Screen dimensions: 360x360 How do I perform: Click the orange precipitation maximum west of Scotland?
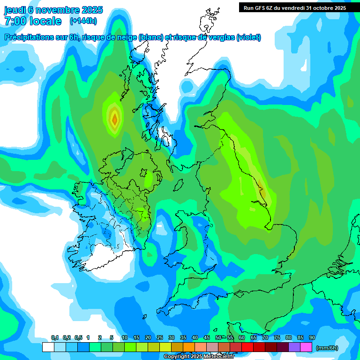tap(114, 119)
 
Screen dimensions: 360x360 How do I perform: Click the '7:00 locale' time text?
tap(33, 21)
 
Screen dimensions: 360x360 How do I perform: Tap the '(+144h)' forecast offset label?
tap(83, 21)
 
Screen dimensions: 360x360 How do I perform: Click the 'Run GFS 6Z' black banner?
tap(295, 7)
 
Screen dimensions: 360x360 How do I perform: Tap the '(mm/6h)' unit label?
tap(327, 347)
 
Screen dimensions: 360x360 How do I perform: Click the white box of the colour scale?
tap(48, 347)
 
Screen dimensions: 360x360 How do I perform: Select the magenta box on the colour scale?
tap(306, 347)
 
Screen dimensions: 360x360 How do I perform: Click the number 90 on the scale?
tap(312, 338)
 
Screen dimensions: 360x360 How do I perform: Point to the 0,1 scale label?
tap(55, 338)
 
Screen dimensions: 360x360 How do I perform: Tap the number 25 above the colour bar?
tap(160, 338)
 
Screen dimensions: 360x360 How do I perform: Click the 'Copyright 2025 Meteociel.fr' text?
tap(199, 357)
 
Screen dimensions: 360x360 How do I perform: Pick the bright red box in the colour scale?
tap(247, 347)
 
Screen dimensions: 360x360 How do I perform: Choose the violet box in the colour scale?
tap(294, 347)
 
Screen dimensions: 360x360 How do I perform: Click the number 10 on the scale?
tap(125, 338)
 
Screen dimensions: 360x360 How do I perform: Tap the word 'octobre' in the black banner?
tap(324, 7)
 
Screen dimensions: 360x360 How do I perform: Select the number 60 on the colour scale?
tap(242, 338)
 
